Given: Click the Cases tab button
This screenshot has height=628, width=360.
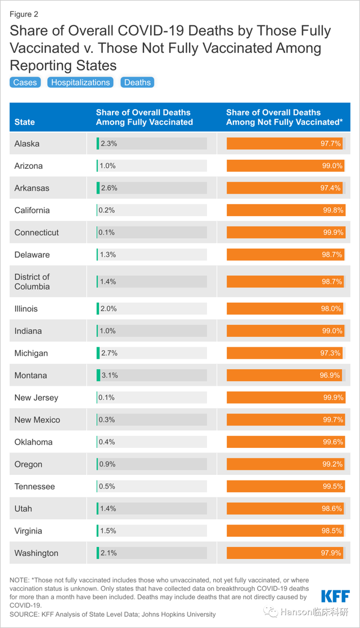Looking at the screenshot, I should pos(25,82).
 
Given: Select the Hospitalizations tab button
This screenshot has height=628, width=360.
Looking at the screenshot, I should pos(80,82).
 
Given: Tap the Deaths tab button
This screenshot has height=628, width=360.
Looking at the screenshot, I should pos(137,82).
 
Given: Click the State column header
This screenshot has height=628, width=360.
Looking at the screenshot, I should pos(25,122).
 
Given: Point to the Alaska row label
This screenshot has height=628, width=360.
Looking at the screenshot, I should pos(27,143).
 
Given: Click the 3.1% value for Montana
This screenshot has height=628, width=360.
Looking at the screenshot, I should pos(109,375).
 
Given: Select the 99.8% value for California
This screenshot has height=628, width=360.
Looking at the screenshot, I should pos(331,210).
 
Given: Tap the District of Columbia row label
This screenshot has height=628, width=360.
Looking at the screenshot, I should pos(32,281).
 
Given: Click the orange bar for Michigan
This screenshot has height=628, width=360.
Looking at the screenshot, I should pos(284,353).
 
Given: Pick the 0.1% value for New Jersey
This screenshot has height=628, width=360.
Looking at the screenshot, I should pos(106,398).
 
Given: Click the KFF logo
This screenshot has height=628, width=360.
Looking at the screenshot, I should pos(335,596).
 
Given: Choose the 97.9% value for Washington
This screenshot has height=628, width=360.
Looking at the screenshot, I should pos(331,553).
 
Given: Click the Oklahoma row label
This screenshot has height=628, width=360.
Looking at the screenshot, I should pos(33,442).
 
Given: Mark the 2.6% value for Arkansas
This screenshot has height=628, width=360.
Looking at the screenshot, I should pos(109,188).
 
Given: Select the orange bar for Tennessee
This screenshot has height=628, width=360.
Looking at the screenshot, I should pos(284,487).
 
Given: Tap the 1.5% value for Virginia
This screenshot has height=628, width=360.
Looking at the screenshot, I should pos(108,531).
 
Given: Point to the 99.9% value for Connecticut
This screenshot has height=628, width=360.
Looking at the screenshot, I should pos(331,232).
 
